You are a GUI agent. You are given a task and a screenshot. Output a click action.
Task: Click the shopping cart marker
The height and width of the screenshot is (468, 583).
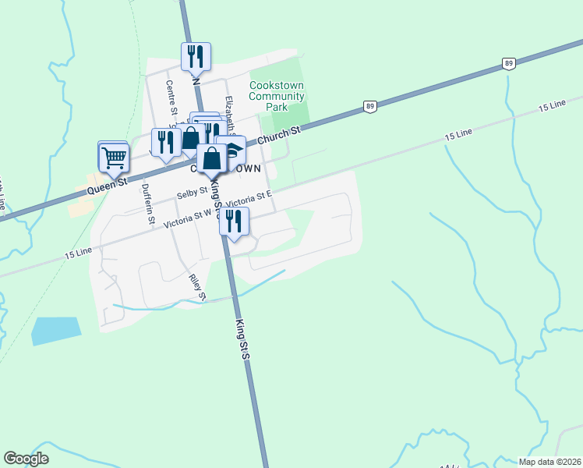114,158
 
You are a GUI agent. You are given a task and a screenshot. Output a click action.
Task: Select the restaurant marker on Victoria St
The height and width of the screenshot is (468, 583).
234,222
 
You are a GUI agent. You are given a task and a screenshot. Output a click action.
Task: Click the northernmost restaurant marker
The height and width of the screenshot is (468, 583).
196,58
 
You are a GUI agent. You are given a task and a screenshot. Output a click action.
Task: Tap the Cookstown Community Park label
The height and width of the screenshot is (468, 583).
277,96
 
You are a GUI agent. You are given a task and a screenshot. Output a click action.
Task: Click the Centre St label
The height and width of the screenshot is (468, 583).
171,97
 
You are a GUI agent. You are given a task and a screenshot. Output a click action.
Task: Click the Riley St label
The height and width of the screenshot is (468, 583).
196,287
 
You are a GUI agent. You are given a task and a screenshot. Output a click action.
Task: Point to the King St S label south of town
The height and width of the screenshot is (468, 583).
242,338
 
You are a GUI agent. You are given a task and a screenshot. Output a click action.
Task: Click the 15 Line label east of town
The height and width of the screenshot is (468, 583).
459,135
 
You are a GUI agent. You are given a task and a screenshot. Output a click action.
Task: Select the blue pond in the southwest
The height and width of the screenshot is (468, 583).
55,331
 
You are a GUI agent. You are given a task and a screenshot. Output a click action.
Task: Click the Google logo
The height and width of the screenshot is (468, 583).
26,459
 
